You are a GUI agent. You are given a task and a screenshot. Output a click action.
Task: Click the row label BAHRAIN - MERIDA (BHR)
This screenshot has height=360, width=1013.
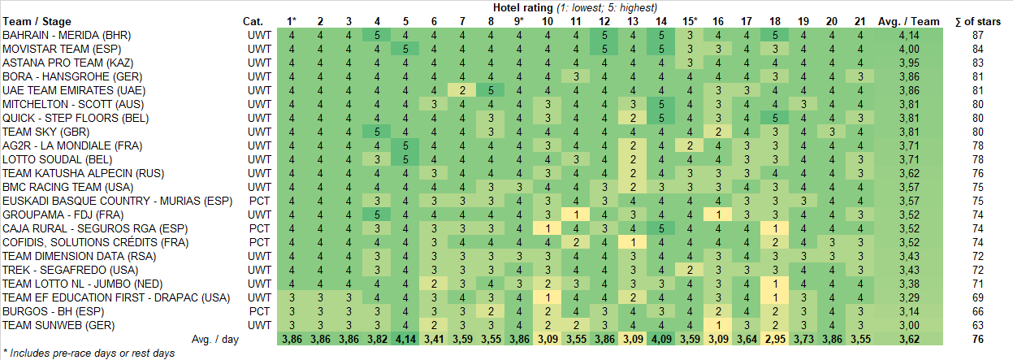click(67, 35)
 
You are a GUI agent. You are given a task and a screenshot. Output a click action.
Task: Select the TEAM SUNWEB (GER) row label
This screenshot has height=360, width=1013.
click(58, 325)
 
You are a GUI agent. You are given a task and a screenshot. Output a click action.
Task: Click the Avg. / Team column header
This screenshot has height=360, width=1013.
click(908, 21)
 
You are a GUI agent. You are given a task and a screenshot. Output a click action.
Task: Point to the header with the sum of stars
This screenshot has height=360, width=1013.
click(977, 21)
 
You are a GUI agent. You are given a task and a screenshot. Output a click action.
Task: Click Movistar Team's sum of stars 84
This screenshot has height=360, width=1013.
click(977, 49)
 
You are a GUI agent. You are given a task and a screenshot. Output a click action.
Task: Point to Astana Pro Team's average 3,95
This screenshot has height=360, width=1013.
click(908, 63)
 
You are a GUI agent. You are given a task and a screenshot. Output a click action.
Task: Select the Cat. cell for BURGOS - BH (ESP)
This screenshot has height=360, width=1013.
click(259, 311)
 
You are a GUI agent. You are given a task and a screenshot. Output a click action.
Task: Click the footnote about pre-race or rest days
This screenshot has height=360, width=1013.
click(89, 353)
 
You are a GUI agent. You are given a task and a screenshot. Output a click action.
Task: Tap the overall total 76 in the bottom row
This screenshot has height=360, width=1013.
click(977, 339)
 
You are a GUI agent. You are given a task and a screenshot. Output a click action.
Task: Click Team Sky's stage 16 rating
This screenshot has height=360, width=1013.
click(718, 132)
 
